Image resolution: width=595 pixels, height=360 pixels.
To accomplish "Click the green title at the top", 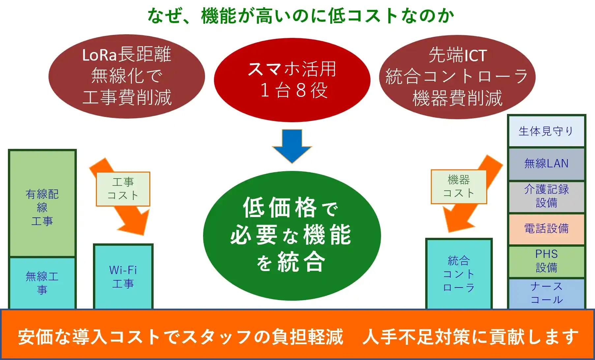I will tap(301, 15).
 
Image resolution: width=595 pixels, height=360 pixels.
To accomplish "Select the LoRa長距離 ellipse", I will tap(127, 76).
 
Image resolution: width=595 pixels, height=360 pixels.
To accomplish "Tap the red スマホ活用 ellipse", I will tap(292, 80).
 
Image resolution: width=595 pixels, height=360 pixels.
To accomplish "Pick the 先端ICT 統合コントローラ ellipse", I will tap(457, 77).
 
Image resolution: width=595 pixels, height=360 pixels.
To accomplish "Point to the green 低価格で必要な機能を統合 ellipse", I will tap(292, 235).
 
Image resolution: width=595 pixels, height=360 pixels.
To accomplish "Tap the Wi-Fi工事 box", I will tap(123, 277).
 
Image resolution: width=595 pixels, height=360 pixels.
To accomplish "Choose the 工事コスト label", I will tap(123, 189).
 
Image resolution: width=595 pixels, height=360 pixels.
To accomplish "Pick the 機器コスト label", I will tap(459, 187).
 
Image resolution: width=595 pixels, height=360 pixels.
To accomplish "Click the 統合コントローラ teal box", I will tap(459, 274).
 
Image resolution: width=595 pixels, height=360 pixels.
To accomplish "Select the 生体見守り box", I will tap(546, 131).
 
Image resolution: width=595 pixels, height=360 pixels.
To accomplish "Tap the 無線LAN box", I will tap(546, 164).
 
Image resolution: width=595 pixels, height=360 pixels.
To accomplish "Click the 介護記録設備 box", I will tap(546, 196).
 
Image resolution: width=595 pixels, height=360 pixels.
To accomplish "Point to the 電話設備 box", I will tap(546, 229).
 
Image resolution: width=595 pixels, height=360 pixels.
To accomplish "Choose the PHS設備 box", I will tap(546, 261).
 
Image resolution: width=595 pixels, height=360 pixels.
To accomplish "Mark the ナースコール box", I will tap(546, 293).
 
